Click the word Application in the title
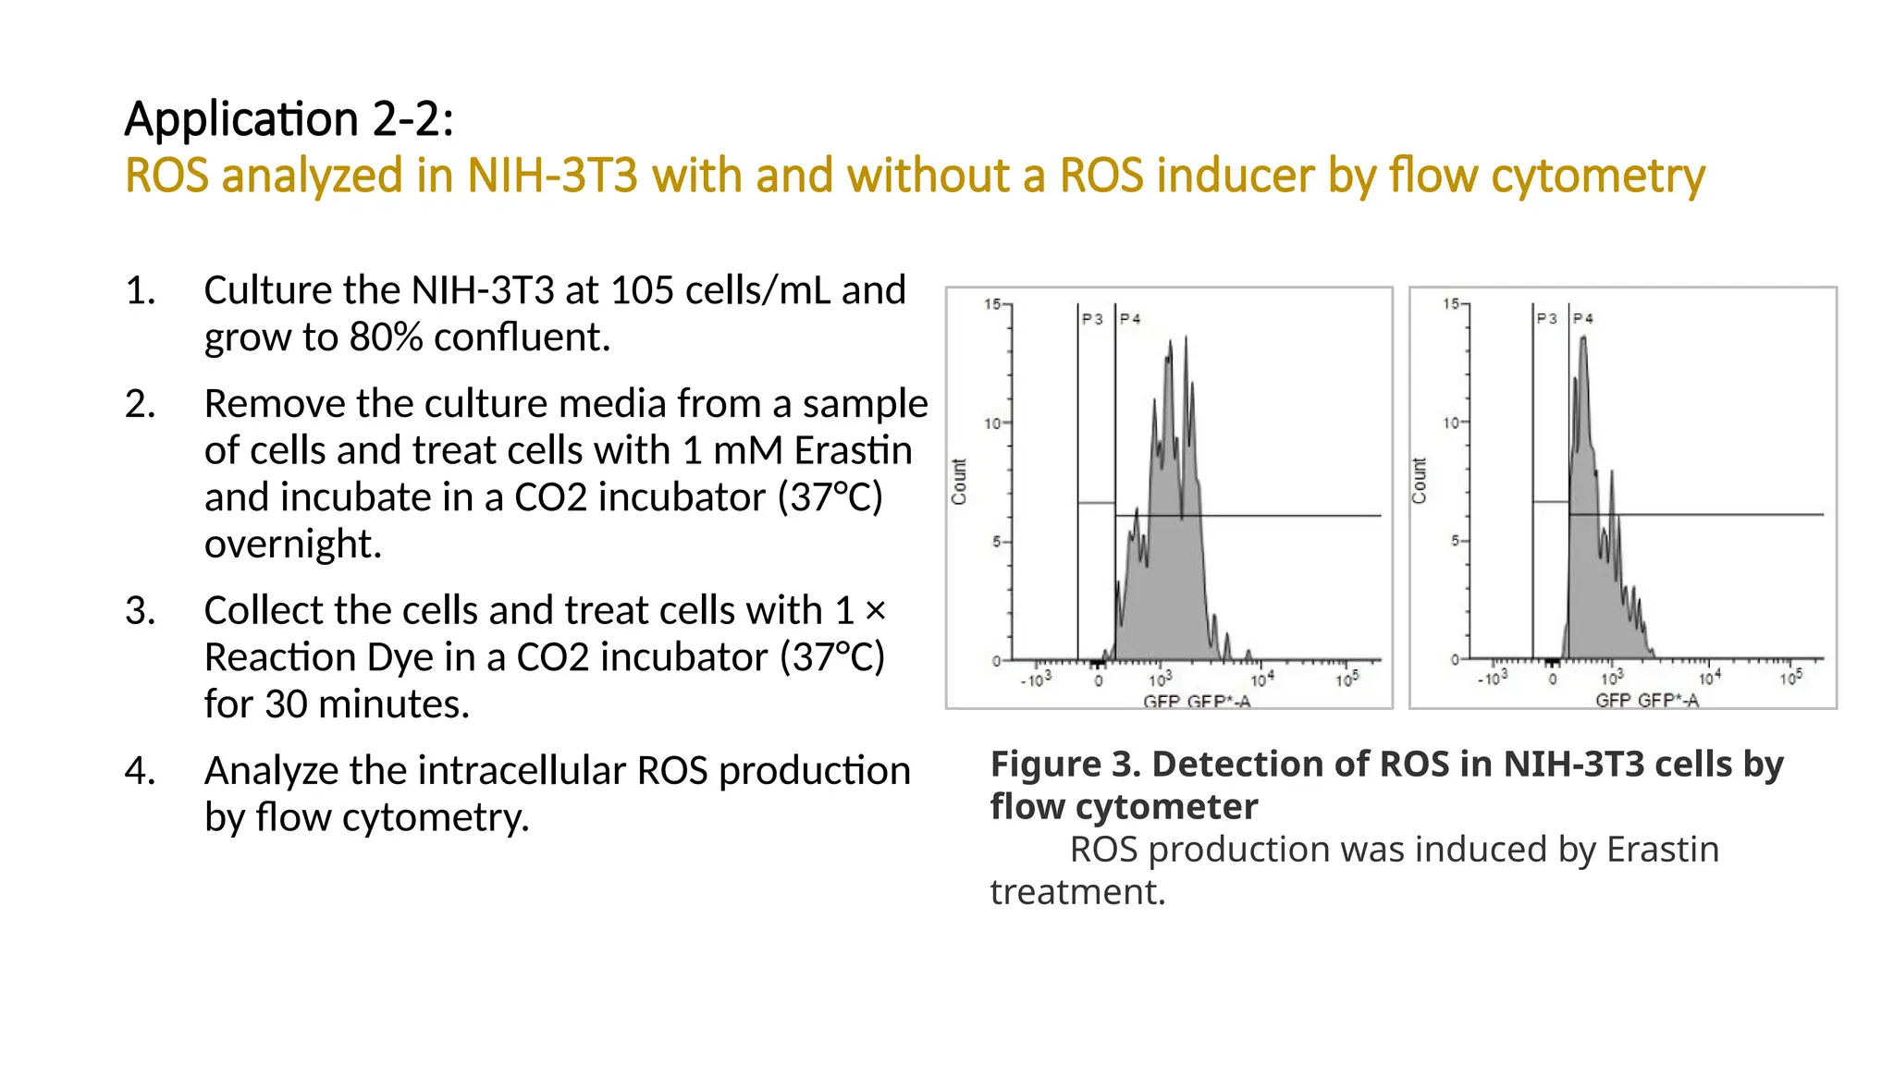(x=241, y=119)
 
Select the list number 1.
(x=140, y=290)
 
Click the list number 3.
(x=140, y=611)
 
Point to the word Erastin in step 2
(x=853, y=451)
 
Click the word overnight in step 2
(x=292, y=545)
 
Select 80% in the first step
(x=386, y=337)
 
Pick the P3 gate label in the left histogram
(x=1092, y=319)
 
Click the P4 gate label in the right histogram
(x=1583, y=318)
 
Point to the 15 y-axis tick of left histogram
(x=992, y=304)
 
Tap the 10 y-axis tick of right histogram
(x=1451, y=422)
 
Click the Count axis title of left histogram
(x=959, y=482)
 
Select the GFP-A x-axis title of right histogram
(x=1646, y=701)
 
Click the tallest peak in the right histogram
(x=1583, y=340)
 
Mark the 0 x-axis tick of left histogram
(x=1099, y=681)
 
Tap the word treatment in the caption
(x=1076, y=892)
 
